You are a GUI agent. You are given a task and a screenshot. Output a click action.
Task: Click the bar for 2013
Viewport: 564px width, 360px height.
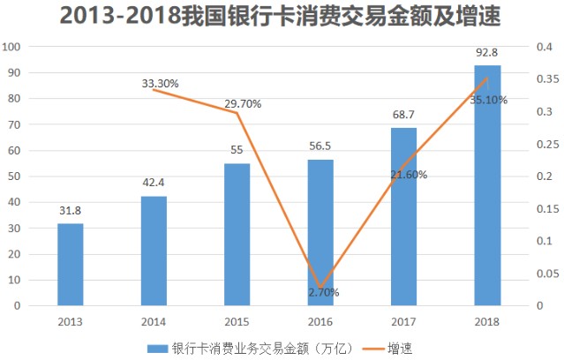[x=70, y=265]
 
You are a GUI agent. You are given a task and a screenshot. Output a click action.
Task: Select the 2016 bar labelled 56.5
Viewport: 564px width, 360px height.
[x=320, y=233]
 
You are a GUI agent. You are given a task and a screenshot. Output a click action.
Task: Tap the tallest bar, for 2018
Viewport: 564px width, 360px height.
[x=487, y=185]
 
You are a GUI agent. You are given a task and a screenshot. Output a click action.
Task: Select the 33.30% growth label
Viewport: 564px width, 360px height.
[x=160, y=84]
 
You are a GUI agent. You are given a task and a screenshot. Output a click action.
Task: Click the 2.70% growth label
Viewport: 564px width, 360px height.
[x=323, y=292]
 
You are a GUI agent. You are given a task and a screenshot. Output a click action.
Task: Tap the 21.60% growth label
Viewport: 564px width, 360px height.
[x=409, y=175]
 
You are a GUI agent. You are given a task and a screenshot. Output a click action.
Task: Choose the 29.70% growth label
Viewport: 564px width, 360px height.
[x=243, y=104]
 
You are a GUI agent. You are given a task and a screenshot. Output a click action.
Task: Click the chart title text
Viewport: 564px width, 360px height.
[x=282, y=15]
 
